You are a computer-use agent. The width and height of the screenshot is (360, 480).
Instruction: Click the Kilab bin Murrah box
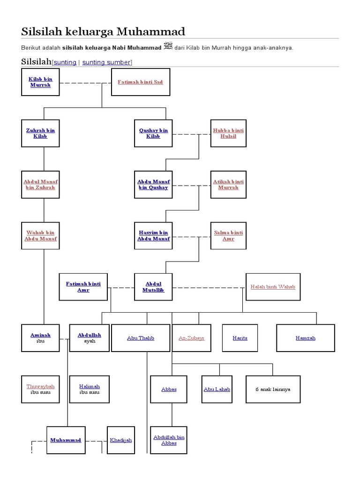pyautogui.click(x=40, y=82)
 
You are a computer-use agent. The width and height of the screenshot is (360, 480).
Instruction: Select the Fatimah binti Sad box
pyautogui.click(x=140, y=82)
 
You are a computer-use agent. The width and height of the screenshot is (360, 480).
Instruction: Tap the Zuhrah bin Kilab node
pyautogui.click(x=40, y=133)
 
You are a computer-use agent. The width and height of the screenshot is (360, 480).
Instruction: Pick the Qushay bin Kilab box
pyautogui.click(x=153, y=133)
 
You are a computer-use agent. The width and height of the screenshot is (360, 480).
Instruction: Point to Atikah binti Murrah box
pyautogui.click(x=228, y=184)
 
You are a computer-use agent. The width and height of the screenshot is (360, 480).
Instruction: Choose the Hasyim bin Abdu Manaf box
pyautogui.click(x=153, y=235)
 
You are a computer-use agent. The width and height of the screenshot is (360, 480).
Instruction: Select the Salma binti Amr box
pyautogui.click(x=228, y=235)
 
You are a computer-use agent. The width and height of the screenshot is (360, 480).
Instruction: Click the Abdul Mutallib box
pyautogui.click(x=153, y=287)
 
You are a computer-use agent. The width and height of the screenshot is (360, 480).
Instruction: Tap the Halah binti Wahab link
pyautogui.click(x=273, y=287)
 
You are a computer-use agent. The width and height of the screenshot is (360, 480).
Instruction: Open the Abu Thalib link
pyautogui.click(x=141, y=338)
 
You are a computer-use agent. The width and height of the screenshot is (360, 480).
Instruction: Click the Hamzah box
pyautogui.click(x=306, y=338)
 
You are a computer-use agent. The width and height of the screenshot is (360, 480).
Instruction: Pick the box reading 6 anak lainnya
pyautogui.click(x=273, y=389)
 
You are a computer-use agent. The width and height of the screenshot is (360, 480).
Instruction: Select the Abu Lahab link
pyautogui.click(x=217, y=389)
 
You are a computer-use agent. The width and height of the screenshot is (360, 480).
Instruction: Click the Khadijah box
pyautogui.click(x=121, y=440)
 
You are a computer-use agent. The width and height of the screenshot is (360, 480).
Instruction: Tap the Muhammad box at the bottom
pyautogui.click(x=66, y=440)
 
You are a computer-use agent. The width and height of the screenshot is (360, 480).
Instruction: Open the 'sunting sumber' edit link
pyautogui.click(x=107, y=62)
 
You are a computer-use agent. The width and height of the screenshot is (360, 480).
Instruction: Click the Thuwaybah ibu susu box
pyautogui.click(x=40, y=389)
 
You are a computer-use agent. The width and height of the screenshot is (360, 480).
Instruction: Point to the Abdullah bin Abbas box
pyautogui.click(x=169, y=440)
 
